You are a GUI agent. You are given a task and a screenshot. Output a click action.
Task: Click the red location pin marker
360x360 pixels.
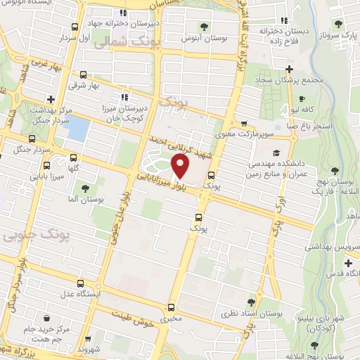[x=181, y=166]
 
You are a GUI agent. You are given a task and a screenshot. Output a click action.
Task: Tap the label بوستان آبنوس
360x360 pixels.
[x=204, y=34]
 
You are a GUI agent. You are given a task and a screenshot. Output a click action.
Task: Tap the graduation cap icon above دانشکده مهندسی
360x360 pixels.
[x=276, y=152]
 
